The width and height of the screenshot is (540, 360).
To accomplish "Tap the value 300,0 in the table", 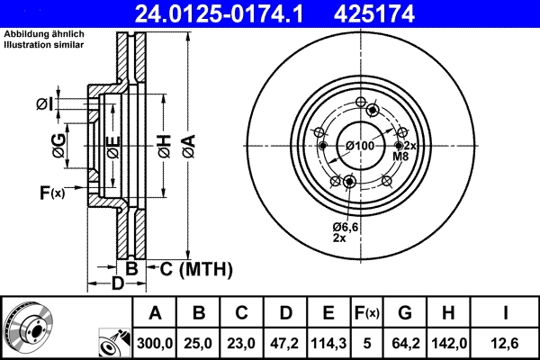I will [x=155, y=342].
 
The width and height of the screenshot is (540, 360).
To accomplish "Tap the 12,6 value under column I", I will [x=509, y=342].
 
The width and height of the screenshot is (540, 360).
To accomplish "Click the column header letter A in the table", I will [x=155, y=313].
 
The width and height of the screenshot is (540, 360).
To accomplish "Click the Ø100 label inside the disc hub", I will [x=360, y=146].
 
